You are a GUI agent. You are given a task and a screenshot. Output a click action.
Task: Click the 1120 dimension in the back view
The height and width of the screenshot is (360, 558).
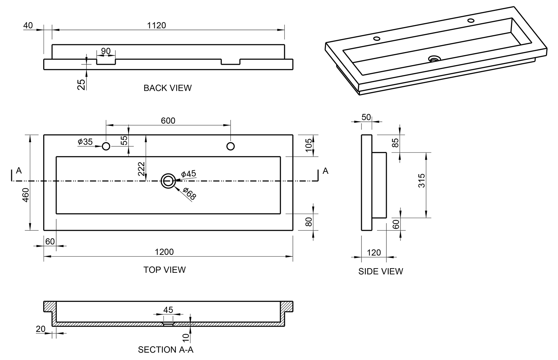(x=156, y=25)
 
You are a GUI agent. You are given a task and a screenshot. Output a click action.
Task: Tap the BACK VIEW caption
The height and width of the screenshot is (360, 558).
(x=167, y=88)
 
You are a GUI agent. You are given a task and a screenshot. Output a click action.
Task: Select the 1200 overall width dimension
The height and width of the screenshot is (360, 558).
(x=164, y=252)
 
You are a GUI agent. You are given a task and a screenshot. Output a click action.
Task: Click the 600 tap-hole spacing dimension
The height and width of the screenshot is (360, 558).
(x=168, y=121)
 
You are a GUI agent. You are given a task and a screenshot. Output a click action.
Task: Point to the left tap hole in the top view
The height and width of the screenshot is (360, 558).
(x=106, y=146)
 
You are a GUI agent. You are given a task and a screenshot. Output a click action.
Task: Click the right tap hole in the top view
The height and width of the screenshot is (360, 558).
(x=231, y=146)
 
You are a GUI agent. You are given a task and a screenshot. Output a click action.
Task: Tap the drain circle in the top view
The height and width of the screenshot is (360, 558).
(x=168, y=181)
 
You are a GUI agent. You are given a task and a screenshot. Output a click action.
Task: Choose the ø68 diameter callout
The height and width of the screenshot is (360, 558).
(x=190, y=194)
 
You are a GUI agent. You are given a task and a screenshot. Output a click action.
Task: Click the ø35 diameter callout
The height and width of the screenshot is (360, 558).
(x=85, y=142)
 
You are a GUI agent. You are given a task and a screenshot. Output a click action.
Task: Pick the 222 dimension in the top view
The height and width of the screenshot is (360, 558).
(x=142, y=169)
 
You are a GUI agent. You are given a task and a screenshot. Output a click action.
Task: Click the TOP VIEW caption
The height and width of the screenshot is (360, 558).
(x=165, y=270)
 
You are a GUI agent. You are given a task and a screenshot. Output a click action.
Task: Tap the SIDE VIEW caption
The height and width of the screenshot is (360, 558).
(x=380, y=272)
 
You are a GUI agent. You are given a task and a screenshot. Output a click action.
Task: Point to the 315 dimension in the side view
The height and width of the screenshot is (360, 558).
(x=422, y=181)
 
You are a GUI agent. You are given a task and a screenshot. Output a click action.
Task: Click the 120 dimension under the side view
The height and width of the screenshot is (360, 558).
(x=374, y=253)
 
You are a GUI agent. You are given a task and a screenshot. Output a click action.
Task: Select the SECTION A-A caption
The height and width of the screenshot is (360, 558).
(x=166, y=350)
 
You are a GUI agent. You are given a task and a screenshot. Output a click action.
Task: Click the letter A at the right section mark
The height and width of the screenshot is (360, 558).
(x=326, y=171)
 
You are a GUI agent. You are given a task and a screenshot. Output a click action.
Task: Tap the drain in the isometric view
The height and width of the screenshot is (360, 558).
(x=435, y=58)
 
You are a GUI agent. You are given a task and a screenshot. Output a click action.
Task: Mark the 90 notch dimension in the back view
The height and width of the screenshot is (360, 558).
(x=106, y=51)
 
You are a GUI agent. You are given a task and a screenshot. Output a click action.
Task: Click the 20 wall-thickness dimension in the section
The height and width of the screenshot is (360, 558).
(x=40, y=329)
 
